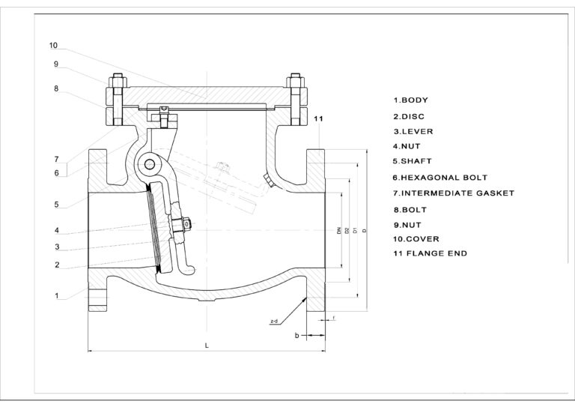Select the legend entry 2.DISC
pos(409,115)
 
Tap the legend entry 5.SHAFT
pos(413,161)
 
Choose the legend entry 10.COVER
pos(416,238)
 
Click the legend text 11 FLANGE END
pos(430,253)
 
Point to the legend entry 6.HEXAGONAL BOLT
pos(440,177)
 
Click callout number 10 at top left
pos(53,45)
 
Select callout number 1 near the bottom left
pos(56,295)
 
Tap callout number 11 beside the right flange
pos(318,120)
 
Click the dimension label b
pos(296,336)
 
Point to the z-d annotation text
pos(274,321)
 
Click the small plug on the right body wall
pos(267,179)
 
